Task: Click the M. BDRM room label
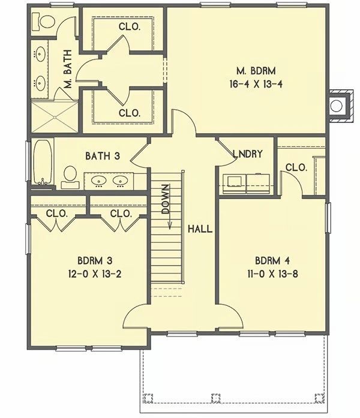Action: (256, 71)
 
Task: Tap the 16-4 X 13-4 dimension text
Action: (256, 84)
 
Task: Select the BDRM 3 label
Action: (95, 260)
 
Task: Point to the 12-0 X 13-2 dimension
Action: (95, 274)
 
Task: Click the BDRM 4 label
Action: (272, 260)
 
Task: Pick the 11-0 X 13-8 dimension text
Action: (272, 274)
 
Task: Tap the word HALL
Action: (200, 228)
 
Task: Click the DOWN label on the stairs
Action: (166, 199)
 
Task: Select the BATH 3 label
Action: (103, 156)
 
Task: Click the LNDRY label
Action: (248, 154)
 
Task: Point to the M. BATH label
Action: (68, 69)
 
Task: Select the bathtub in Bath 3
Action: (43, 162)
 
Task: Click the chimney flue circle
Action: (336, 106)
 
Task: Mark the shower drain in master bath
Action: (55, 117)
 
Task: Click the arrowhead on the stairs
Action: (170, 226)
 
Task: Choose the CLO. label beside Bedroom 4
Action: (296, 167)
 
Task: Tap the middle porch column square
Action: (216, 398)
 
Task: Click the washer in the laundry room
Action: (234, 184)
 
